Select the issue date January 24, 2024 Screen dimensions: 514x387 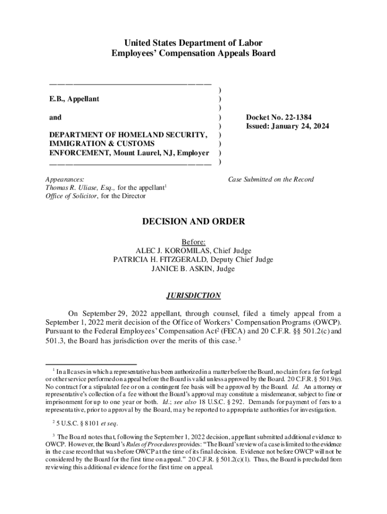click(x=301, y=126)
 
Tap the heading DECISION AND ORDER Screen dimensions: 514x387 click(x=193, y=221)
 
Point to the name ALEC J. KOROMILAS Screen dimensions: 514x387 click(x=172, y=250)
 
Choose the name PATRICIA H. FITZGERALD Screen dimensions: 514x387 click(x=167, y=260)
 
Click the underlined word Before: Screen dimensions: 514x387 click(x=193, y=241)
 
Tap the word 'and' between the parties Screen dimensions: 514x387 click(x=55, y=117)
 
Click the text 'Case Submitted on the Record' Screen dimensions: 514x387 click(x=271, y=179)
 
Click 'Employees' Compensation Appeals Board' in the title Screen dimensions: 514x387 click(x=193, y=53)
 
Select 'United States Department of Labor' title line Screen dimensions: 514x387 click(x=193, y=43)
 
